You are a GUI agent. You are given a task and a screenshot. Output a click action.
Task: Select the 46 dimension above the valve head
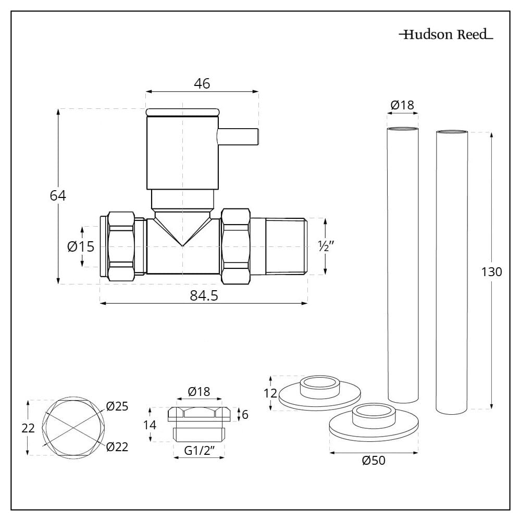pos(202,83)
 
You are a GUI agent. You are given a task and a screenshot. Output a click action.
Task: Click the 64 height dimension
pos(58,196)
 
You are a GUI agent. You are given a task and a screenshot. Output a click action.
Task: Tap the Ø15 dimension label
pos(81,246)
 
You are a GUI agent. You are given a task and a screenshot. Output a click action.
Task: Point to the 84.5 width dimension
pos(203,295)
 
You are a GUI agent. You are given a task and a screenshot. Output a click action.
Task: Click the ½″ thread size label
pos(327,246)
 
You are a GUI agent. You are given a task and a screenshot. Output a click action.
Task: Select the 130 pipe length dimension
pos(491,271)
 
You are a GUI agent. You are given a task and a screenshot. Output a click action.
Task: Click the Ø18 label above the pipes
pos(402,105)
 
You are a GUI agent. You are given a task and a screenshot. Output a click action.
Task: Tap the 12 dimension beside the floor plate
pos(270,393)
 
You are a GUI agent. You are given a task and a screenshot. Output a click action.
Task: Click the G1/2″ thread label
pos(198,451)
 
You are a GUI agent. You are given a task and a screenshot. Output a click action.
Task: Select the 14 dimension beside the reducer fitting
pos(150,425)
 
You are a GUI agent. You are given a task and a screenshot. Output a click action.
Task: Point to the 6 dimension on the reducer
pos(245,415)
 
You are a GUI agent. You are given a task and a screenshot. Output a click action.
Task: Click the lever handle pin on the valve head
pos(238,136)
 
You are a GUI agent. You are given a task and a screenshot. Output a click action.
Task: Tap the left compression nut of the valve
pos(121,246)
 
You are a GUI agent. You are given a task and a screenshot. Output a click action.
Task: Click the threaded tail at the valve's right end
pos(286,246)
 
